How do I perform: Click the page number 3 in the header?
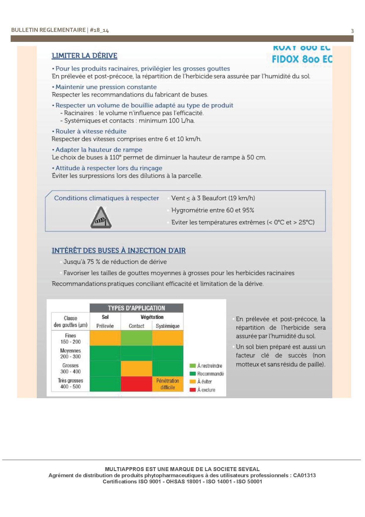352,31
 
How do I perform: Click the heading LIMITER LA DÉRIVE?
84,56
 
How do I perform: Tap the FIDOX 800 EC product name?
302,59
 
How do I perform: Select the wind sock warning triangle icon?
101,218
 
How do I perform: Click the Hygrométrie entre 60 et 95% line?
213,210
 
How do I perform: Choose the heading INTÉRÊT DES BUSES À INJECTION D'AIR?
119,251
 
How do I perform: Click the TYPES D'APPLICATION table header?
136,308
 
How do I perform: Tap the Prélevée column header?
105,326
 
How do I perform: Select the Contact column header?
136,326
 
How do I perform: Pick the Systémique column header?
167,326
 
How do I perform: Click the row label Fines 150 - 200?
71,338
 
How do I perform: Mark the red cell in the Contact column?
136,384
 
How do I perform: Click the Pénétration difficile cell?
167,384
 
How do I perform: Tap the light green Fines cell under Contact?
136,338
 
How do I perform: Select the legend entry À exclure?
206,390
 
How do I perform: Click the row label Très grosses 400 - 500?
71,383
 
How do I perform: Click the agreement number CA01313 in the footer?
304,475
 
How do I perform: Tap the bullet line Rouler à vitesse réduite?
91,131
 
